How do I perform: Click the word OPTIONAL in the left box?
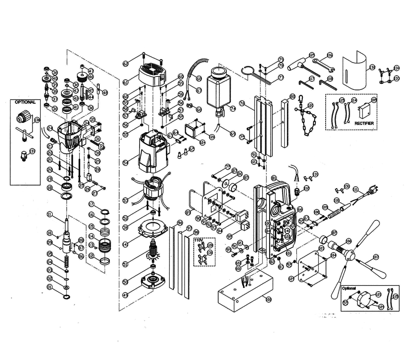click(25, 102)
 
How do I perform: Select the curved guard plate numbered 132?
click(353, 71)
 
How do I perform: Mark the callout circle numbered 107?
click(375, 257)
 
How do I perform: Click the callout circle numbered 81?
click(274, 179)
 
